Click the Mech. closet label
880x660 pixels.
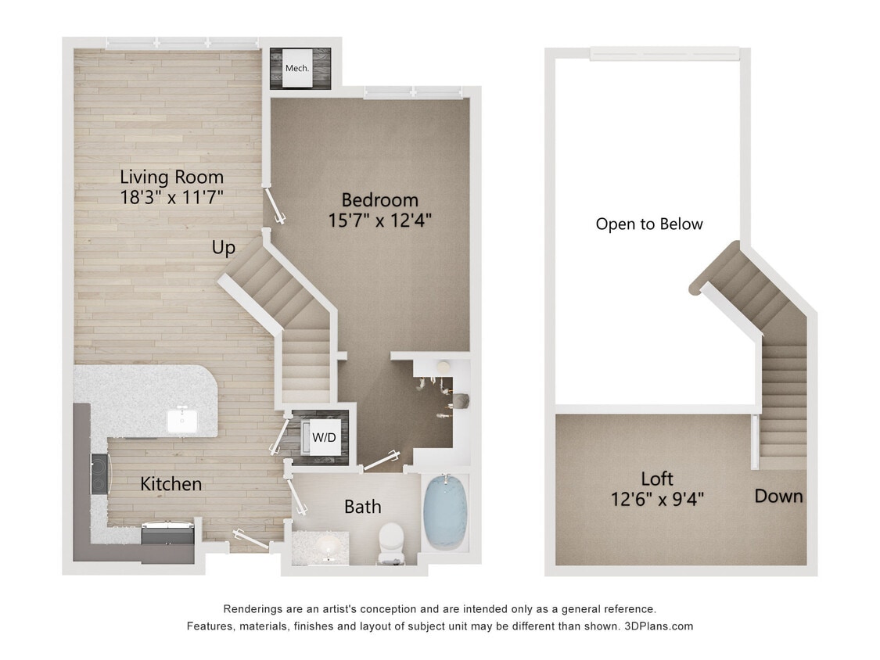[x=297, y=68]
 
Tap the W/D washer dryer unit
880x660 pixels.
[x=323, y=436]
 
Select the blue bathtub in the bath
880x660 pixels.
[x=445, y=512]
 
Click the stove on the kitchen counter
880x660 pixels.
[x=100, y=474]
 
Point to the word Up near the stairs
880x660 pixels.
[x=223, y=248]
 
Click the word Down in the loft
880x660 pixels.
[x=778, y=496]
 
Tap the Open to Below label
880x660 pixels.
[x=649, y=224]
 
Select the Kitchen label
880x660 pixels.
[x=171, y=484]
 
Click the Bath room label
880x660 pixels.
[x=363, y=507]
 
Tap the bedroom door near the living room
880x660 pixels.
[x=276, y=204]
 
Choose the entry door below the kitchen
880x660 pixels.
[x=249, y=540]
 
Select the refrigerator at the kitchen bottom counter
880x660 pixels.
[x=167, y=535]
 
